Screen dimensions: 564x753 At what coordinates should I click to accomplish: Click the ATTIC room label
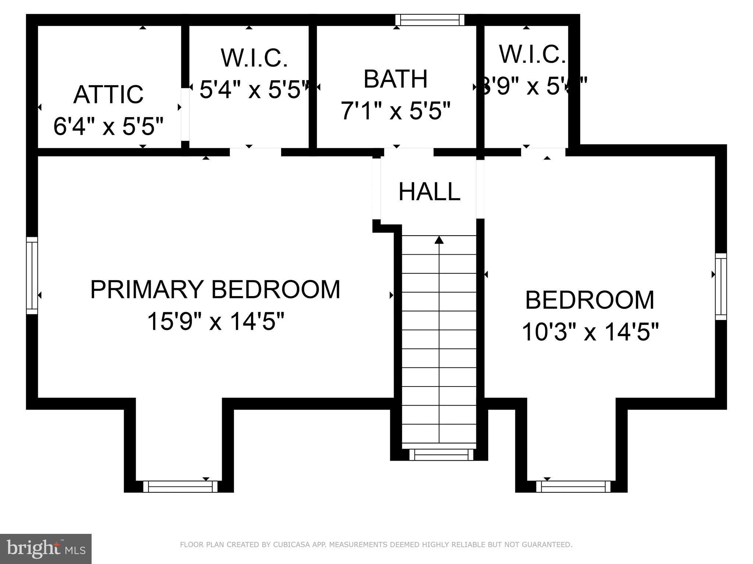point(108,94)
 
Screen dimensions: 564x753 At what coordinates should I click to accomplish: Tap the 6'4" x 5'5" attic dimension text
point(108,126)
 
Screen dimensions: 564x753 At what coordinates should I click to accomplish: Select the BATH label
point(395,79)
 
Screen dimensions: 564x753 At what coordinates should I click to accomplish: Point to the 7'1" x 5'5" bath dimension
point(395,111)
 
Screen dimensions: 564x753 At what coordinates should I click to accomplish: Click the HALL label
point(429,192)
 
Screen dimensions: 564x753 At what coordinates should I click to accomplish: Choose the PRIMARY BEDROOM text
point(215,290)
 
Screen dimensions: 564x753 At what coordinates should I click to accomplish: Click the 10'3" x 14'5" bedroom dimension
point(590,332)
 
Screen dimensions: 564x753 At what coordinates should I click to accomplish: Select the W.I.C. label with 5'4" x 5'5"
point(254,58)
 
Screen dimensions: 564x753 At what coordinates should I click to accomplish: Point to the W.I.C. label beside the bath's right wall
point(532,54)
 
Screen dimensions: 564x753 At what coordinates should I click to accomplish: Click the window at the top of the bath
point(430,20)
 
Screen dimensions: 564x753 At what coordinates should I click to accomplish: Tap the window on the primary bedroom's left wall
point(32,276)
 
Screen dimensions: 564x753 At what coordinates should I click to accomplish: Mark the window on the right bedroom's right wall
point(721,287)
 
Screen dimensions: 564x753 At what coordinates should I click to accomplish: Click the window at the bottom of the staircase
point(441,455)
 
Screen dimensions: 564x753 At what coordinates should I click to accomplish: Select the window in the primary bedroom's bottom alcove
point(180,486)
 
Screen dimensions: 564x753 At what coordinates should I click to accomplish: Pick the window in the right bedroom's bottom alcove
point(573,486)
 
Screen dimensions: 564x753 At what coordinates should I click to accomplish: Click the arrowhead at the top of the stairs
point(439,240)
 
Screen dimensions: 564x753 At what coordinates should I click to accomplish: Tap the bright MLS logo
point(46,549)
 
